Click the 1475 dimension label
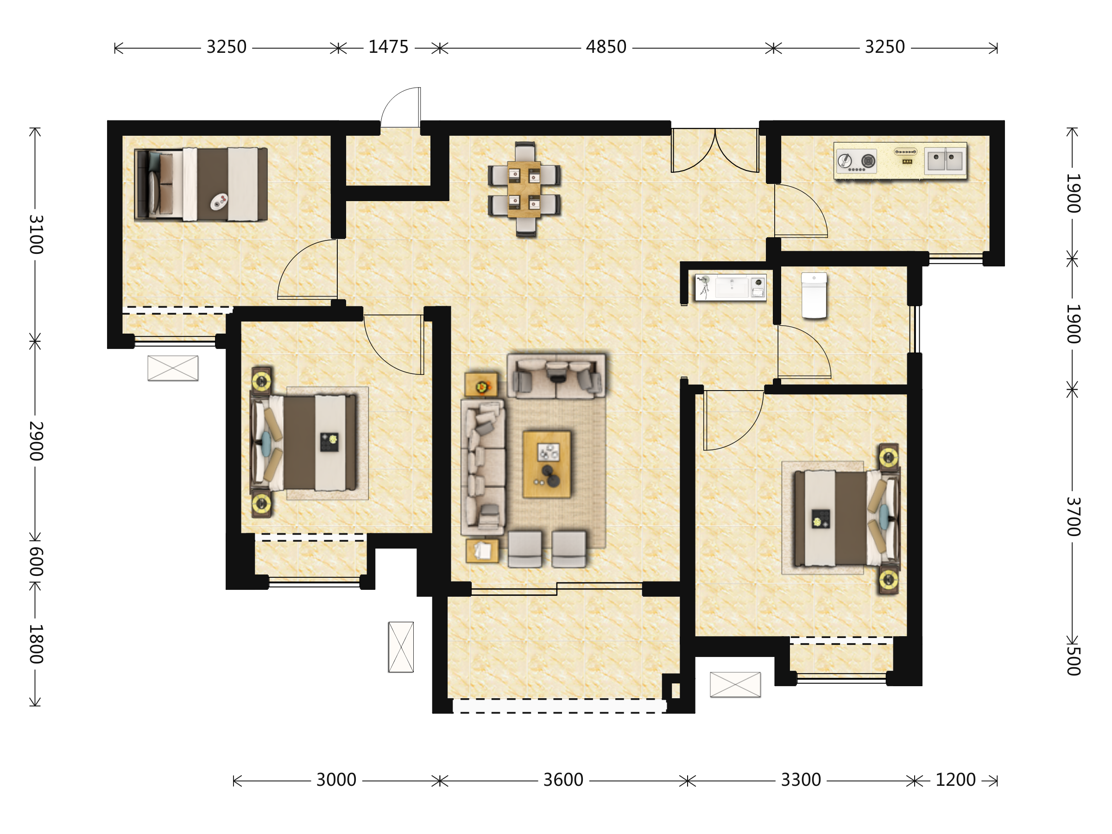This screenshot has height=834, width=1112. (x=388, y=47)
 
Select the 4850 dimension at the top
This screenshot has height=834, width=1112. (x=606, y=47)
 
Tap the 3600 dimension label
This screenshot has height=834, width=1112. (x=563, y=780)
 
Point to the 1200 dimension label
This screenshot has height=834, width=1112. (x=955, y=780)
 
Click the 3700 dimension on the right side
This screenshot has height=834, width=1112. (x=1073, y=517)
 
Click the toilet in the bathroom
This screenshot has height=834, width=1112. (x=814, y=296)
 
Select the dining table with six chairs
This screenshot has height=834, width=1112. (x=524, y=189)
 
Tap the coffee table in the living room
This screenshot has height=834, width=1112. (x=546, y=464)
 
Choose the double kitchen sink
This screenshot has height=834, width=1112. (x=945, y=160)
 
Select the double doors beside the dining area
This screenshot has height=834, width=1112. (x=715, y=150)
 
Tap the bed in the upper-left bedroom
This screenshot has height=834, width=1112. (x=201, y=184)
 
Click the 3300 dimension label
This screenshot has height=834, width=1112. (x=801, y=780)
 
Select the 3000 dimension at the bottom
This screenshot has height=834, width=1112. (x=336, y=780)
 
